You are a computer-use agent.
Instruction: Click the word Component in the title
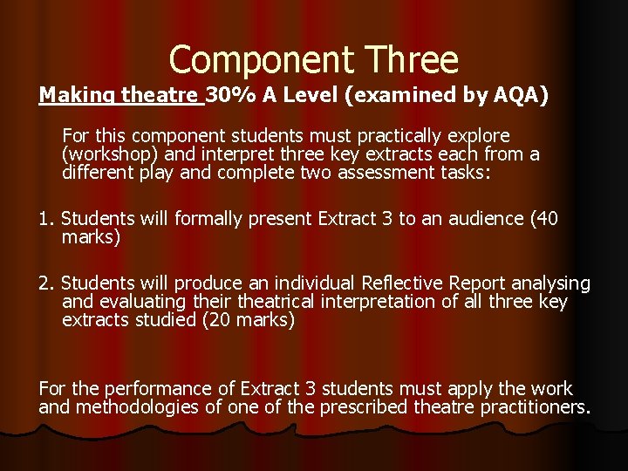[253, 59]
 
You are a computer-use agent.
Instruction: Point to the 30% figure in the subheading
[224, 94]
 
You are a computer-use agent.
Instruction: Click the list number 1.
[45, 219]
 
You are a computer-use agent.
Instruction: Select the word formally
[210, 219]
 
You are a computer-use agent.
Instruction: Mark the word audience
[482, 219]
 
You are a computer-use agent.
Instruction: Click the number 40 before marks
[548, 219]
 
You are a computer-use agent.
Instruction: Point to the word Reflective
[395, 283]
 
